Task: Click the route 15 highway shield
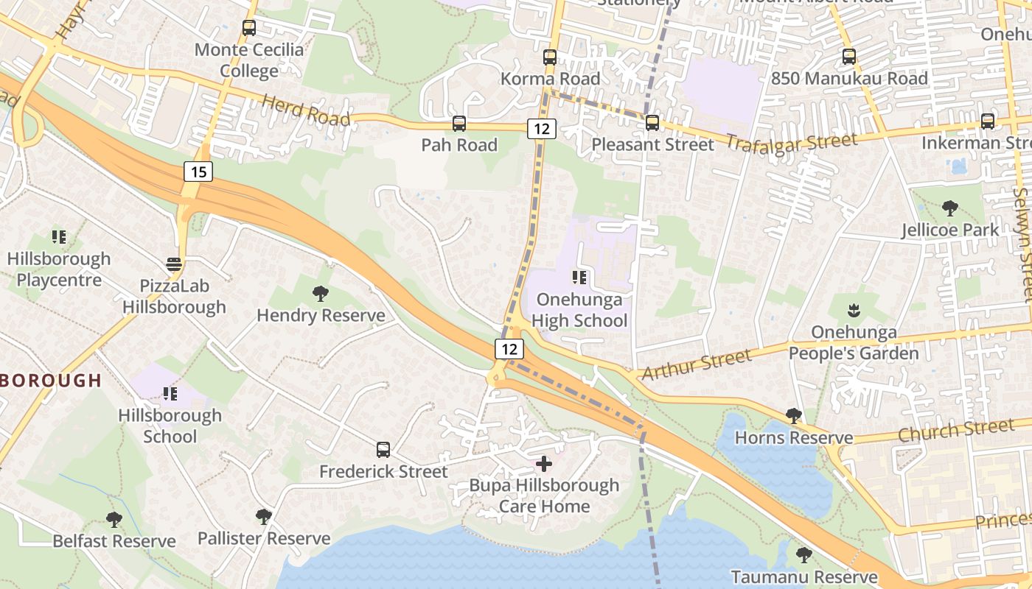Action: (198, 172)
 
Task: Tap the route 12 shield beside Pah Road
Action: (541, 128)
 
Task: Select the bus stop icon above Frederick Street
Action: (383, 449)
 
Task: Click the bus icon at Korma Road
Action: (550, 57)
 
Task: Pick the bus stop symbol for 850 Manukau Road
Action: (849, 56)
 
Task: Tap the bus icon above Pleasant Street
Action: (652, 122)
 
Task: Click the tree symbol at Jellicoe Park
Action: (950, 208)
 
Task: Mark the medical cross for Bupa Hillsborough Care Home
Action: (544, 464)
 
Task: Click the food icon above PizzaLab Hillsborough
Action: (174, 264)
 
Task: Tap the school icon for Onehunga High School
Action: (579, 278)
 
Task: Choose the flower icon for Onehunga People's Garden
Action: (854, 310)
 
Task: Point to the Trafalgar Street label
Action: (792, 142)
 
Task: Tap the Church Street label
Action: (956, 430)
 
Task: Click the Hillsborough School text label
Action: (170, 426)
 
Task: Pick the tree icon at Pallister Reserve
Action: (263, 517)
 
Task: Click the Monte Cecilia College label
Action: (249, 60)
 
